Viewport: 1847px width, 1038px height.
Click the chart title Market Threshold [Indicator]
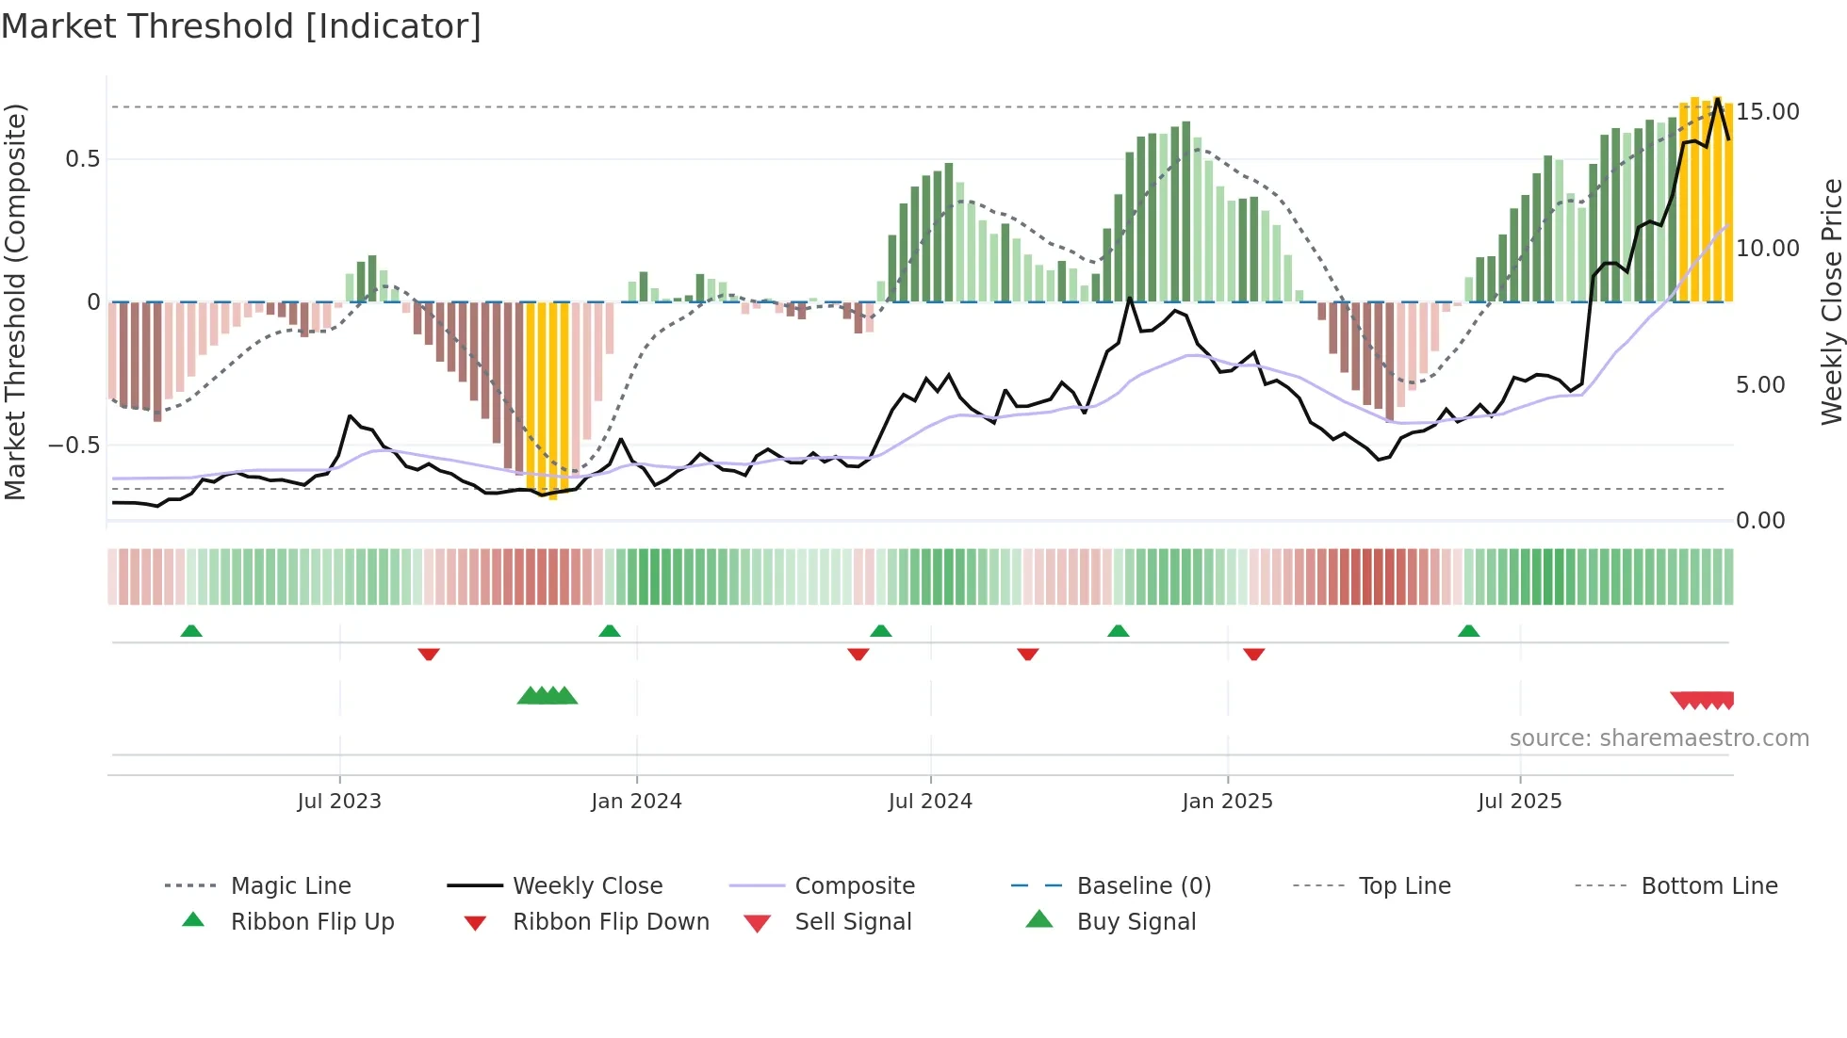pos(241,26)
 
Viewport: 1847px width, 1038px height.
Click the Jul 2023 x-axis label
pos(339,802)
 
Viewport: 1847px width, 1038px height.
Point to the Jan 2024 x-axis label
pos(636,802)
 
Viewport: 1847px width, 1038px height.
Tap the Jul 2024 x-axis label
pos(930,802)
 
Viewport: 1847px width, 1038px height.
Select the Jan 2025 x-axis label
pos(1227,802)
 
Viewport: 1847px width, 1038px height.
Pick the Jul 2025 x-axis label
pos(1519,802)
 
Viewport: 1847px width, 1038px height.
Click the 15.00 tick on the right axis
pos(1768,112)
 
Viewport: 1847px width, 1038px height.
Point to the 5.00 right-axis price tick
pos(1760,385)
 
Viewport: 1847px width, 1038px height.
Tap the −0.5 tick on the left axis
pos(74,446)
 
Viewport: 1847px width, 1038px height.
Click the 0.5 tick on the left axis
pos(82,159)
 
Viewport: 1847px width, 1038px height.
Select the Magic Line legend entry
pos(290,886)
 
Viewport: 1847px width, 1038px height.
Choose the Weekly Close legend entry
pos(587,886)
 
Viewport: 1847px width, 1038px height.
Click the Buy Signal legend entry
pos(1136,922)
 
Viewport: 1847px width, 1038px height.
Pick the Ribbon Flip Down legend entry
pos(610,922)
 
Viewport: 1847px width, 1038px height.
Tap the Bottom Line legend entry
pos(1708,886)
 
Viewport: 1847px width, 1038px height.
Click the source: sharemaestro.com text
pos(1659,738)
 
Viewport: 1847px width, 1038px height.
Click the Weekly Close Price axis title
pos(1831,301)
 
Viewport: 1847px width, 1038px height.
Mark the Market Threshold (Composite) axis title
pos(15,301)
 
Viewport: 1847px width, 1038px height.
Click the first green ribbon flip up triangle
pos(191,631)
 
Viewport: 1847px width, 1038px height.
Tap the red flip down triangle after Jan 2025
pos(1253,654)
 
